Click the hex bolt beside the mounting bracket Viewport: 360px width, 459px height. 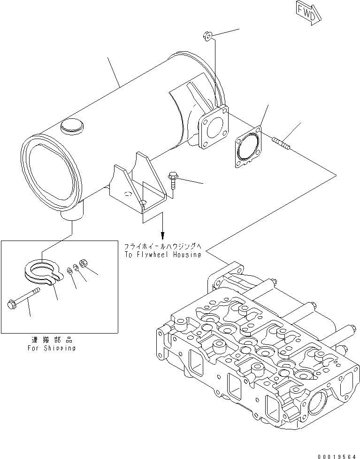click(173, 179)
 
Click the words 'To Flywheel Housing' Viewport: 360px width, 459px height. click(162, 255)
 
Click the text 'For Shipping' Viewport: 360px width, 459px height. click(51, 348)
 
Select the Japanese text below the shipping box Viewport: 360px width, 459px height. click(51, 340)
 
